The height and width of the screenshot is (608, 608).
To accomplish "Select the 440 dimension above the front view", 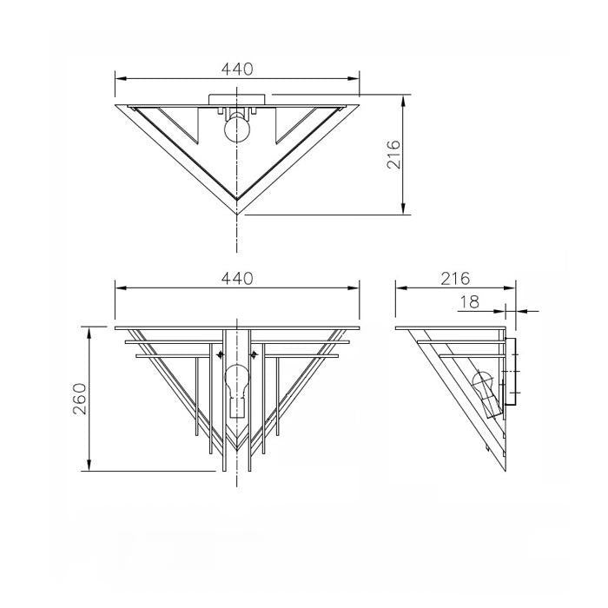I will pyautogui.click(x=237, y=278).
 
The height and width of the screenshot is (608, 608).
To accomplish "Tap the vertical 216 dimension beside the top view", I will pyautogui.click(x=393, y=155).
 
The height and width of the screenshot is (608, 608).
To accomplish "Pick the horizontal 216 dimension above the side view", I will pyautogui.click(x=454, y=278).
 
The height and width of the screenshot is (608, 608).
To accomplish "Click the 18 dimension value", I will pyautogui.click(x=469, y=301).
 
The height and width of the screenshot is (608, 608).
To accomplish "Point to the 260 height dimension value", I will pyautogui.click(x=79, y=398).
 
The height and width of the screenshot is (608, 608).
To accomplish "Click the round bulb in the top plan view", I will pyautogui.click(x=237, y=129).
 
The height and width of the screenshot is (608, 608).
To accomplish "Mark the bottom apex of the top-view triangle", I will pyautogui.click(x=237, y=212).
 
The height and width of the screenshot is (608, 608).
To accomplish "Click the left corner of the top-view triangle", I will pyautogui.click(x=117, y=104).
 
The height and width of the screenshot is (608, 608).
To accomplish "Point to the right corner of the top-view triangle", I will pyautogui.click(x=358, y=104).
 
